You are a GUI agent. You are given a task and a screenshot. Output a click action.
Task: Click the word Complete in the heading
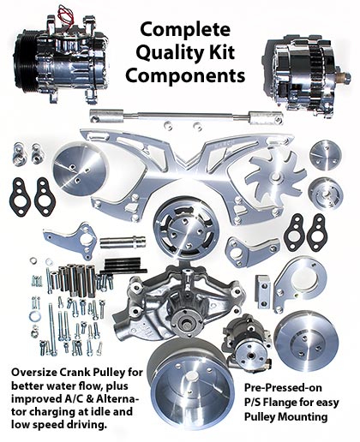185,30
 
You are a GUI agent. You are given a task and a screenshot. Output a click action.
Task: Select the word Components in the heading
185,75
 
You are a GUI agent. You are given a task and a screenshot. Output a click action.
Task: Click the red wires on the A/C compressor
66,15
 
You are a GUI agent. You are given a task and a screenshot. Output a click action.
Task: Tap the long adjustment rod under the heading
186,116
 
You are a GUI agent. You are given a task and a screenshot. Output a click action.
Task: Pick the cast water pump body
179,302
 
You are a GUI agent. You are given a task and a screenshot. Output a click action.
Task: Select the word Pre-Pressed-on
283,388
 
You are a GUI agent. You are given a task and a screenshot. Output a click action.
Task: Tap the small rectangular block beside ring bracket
263,291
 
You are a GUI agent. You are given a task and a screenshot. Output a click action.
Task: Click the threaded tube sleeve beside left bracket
123,242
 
